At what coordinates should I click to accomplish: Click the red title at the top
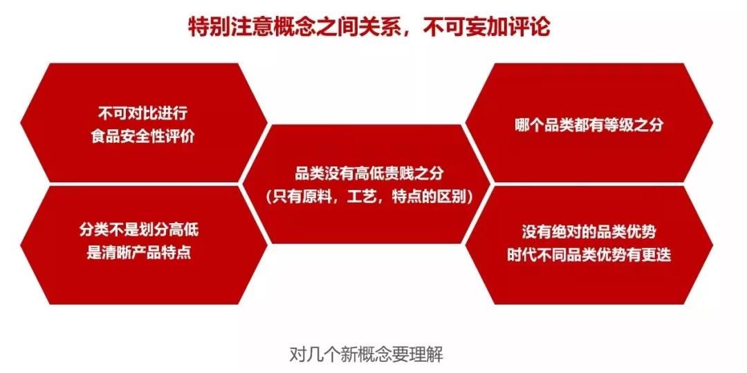[369, 27]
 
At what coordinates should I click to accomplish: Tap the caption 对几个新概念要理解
[367, 354]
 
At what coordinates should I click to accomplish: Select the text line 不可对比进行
[142, 113]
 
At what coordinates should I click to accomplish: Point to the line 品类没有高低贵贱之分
[369, 173]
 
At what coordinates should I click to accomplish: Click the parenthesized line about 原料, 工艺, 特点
[369, 196]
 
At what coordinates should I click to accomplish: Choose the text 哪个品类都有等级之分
[589, 124]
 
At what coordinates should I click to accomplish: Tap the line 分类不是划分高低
[138, 230]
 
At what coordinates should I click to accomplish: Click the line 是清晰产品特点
[138, 253]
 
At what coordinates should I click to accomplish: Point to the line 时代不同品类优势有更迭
[589, 254]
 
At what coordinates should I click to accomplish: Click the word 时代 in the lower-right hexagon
[522, 254]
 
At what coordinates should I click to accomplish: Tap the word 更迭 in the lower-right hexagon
[657, 254]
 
